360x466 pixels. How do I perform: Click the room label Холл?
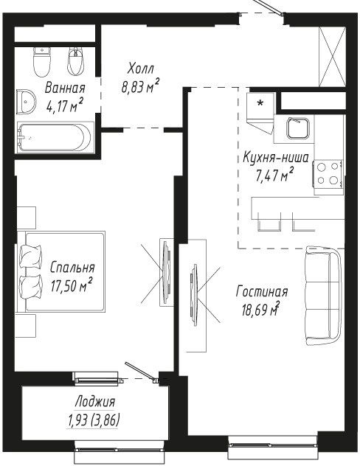pos(141,69)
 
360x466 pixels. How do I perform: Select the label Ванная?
pos(65,88)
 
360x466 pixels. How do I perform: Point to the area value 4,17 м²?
pos(64,105)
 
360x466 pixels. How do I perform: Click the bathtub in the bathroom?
pos(55,138)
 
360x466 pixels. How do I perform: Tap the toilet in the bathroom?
pos(41,61)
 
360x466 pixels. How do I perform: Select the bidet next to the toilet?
pos(77,61)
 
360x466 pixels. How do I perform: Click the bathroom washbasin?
pos(26,102)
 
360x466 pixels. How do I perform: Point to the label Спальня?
pos(72,267)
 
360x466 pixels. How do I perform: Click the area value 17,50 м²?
pos(71,285)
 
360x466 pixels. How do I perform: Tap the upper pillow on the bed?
pos(31,257)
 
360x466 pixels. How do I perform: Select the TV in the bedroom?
pos(166,272)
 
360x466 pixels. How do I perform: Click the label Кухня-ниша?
pos(276,158)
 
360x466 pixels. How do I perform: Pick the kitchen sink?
pos(298,128)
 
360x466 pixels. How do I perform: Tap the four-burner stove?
pos(328,174)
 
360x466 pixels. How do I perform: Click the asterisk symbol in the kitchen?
pos(260,103)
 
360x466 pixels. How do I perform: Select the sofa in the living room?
pos(323,296)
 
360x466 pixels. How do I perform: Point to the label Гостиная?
pos(262,291)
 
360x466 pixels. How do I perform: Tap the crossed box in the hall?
pos(332,57)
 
